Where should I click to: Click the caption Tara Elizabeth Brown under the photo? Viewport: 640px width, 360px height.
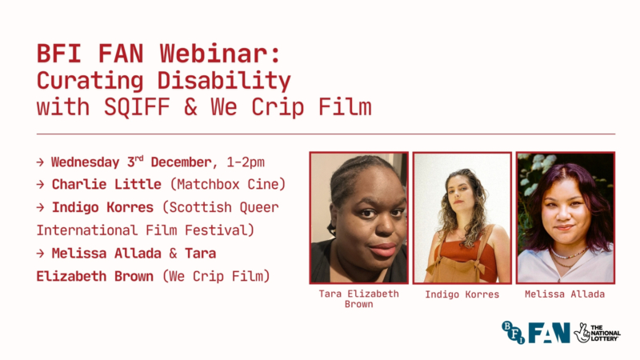[x=359, y=298]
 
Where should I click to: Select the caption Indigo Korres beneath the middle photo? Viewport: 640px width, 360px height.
[x=462, y=294]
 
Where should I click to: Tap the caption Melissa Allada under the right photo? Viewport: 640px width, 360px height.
[x=565, y=294]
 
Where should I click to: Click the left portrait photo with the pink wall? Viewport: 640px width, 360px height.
[x=359, y=218]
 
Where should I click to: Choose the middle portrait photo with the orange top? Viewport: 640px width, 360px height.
[x=462, y=218]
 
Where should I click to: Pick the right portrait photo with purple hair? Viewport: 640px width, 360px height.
[x=565, y=218]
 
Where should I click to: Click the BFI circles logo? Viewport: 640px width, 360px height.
[x=512, y=331]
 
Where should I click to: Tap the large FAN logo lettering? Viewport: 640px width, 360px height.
[x=549, y=332]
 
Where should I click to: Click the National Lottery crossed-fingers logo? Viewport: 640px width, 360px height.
[x=582, y=332]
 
